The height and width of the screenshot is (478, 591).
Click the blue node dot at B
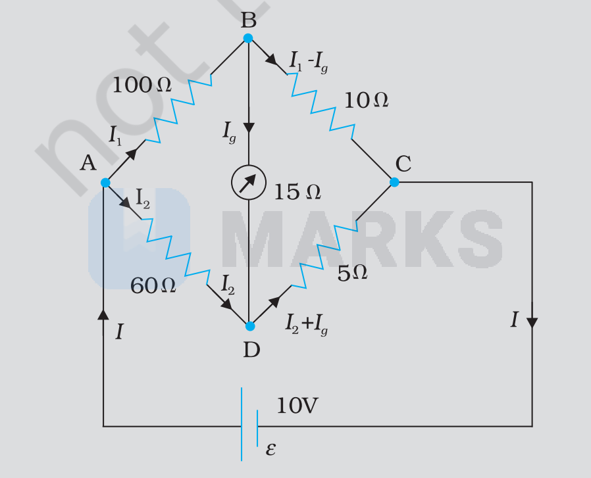248,38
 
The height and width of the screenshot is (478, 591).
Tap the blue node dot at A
105,183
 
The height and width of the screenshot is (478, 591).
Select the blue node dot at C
394,182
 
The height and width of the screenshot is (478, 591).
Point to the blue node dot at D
250,326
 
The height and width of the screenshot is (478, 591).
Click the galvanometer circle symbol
249,182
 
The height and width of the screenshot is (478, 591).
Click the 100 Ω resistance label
142,85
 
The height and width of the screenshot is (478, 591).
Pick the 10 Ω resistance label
367,101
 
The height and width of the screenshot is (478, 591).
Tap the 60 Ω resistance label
153,285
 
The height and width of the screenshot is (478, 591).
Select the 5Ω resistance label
352,273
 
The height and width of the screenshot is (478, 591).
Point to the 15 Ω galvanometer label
297,192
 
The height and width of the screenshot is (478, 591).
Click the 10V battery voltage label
297,406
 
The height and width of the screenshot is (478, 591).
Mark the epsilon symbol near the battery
270,449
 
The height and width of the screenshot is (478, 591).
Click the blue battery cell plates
249,424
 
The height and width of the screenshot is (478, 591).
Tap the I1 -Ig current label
308,62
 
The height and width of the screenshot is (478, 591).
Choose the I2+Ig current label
307,324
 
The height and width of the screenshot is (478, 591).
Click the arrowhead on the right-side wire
532,323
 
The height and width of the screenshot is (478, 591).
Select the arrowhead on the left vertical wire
103,314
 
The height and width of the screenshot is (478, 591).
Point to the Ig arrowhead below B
249,128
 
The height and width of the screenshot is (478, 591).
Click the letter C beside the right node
403,164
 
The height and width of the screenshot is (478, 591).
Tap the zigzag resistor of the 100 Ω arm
178,108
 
